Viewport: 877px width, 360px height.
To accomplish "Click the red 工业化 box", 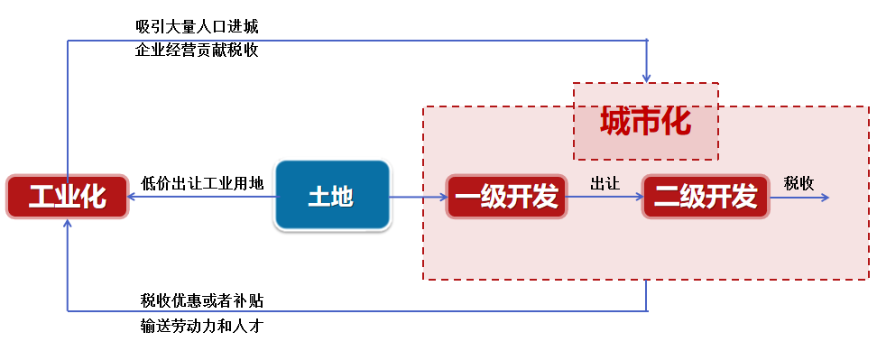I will click(67, 197).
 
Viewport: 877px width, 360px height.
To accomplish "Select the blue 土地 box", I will click(331, 196).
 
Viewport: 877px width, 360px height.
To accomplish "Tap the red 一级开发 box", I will click(506, 197).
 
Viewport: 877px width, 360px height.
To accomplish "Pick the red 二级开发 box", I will click(705, 197).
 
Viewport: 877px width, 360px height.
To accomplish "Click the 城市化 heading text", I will click(645, 121).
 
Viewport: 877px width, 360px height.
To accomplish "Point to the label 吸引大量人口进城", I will click(197, 25).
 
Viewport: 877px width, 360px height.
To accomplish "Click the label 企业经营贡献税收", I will click(197, 51).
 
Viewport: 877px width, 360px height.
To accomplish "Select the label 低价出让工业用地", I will click(203, 183).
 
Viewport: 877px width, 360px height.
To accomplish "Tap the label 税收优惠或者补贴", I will click(202, 300).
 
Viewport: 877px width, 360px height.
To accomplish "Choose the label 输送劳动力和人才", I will click(202, 326).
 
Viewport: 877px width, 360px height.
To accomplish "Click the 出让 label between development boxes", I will click(605, 183).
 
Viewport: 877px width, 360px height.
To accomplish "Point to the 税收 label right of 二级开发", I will click(799, 183).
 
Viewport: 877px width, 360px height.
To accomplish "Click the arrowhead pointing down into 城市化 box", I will click(647, 77).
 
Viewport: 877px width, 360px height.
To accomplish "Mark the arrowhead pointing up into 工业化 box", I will click(68, 225).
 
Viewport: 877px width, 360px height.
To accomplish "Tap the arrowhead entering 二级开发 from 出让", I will click(637, 197).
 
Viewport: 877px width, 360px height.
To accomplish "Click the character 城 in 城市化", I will click(616, 121).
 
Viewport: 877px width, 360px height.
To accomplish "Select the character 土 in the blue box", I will click(318, 197).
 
